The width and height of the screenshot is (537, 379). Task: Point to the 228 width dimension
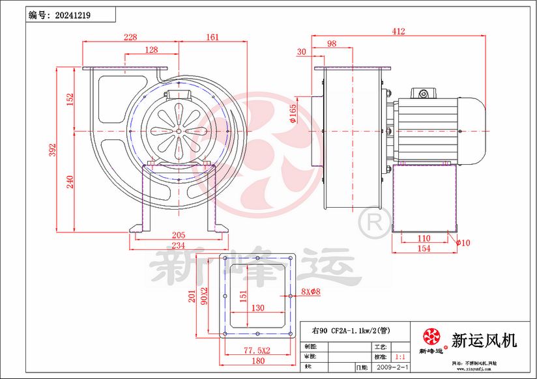[x=130, y=37]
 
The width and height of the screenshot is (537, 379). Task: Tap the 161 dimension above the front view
[x=212, y=37]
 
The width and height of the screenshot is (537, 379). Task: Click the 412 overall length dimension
[x=398, y=31]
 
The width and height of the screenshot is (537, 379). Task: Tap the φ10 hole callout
[x=463, y=243]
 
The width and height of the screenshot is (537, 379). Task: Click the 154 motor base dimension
[x=424, y=249]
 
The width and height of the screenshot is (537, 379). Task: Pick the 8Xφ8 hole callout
[x=311, y=292]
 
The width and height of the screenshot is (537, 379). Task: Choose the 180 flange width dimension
[x=258, y=361]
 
